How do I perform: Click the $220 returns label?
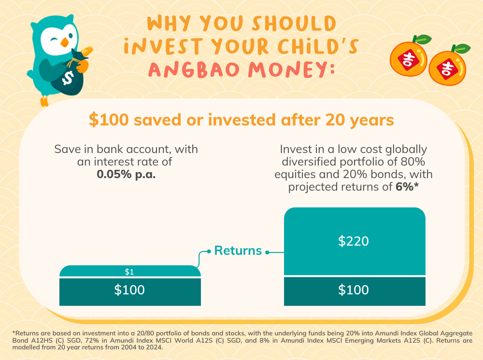[x=354, y=241]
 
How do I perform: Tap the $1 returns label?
[x=129, y=272]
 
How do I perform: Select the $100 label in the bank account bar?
[x=129, y=290]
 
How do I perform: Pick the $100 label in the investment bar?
[x=354, y=290]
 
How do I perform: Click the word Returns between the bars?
[x=238, y=250]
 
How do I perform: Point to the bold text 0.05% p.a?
[x=126, y=174]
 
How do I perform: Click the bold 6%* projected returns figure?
[x=407, y=186]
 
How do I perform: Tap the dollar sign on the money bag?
[x=68, y=78]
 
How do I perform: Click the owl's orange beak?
[x=64, y=42]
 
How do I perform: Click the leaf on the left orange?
[x=422, y=39]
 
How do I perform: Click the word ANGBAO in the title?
[x=194, y=69]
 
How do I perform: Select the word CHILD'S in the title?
[x=318, y=46]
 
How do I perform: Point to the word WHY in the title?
[x=169, y=23]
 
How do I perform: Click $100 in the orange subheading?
[x=109, y=120]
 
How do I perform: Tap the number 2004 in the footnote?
[x=114, y=347]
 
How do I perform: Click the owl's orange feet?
[x=44, y=101]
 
